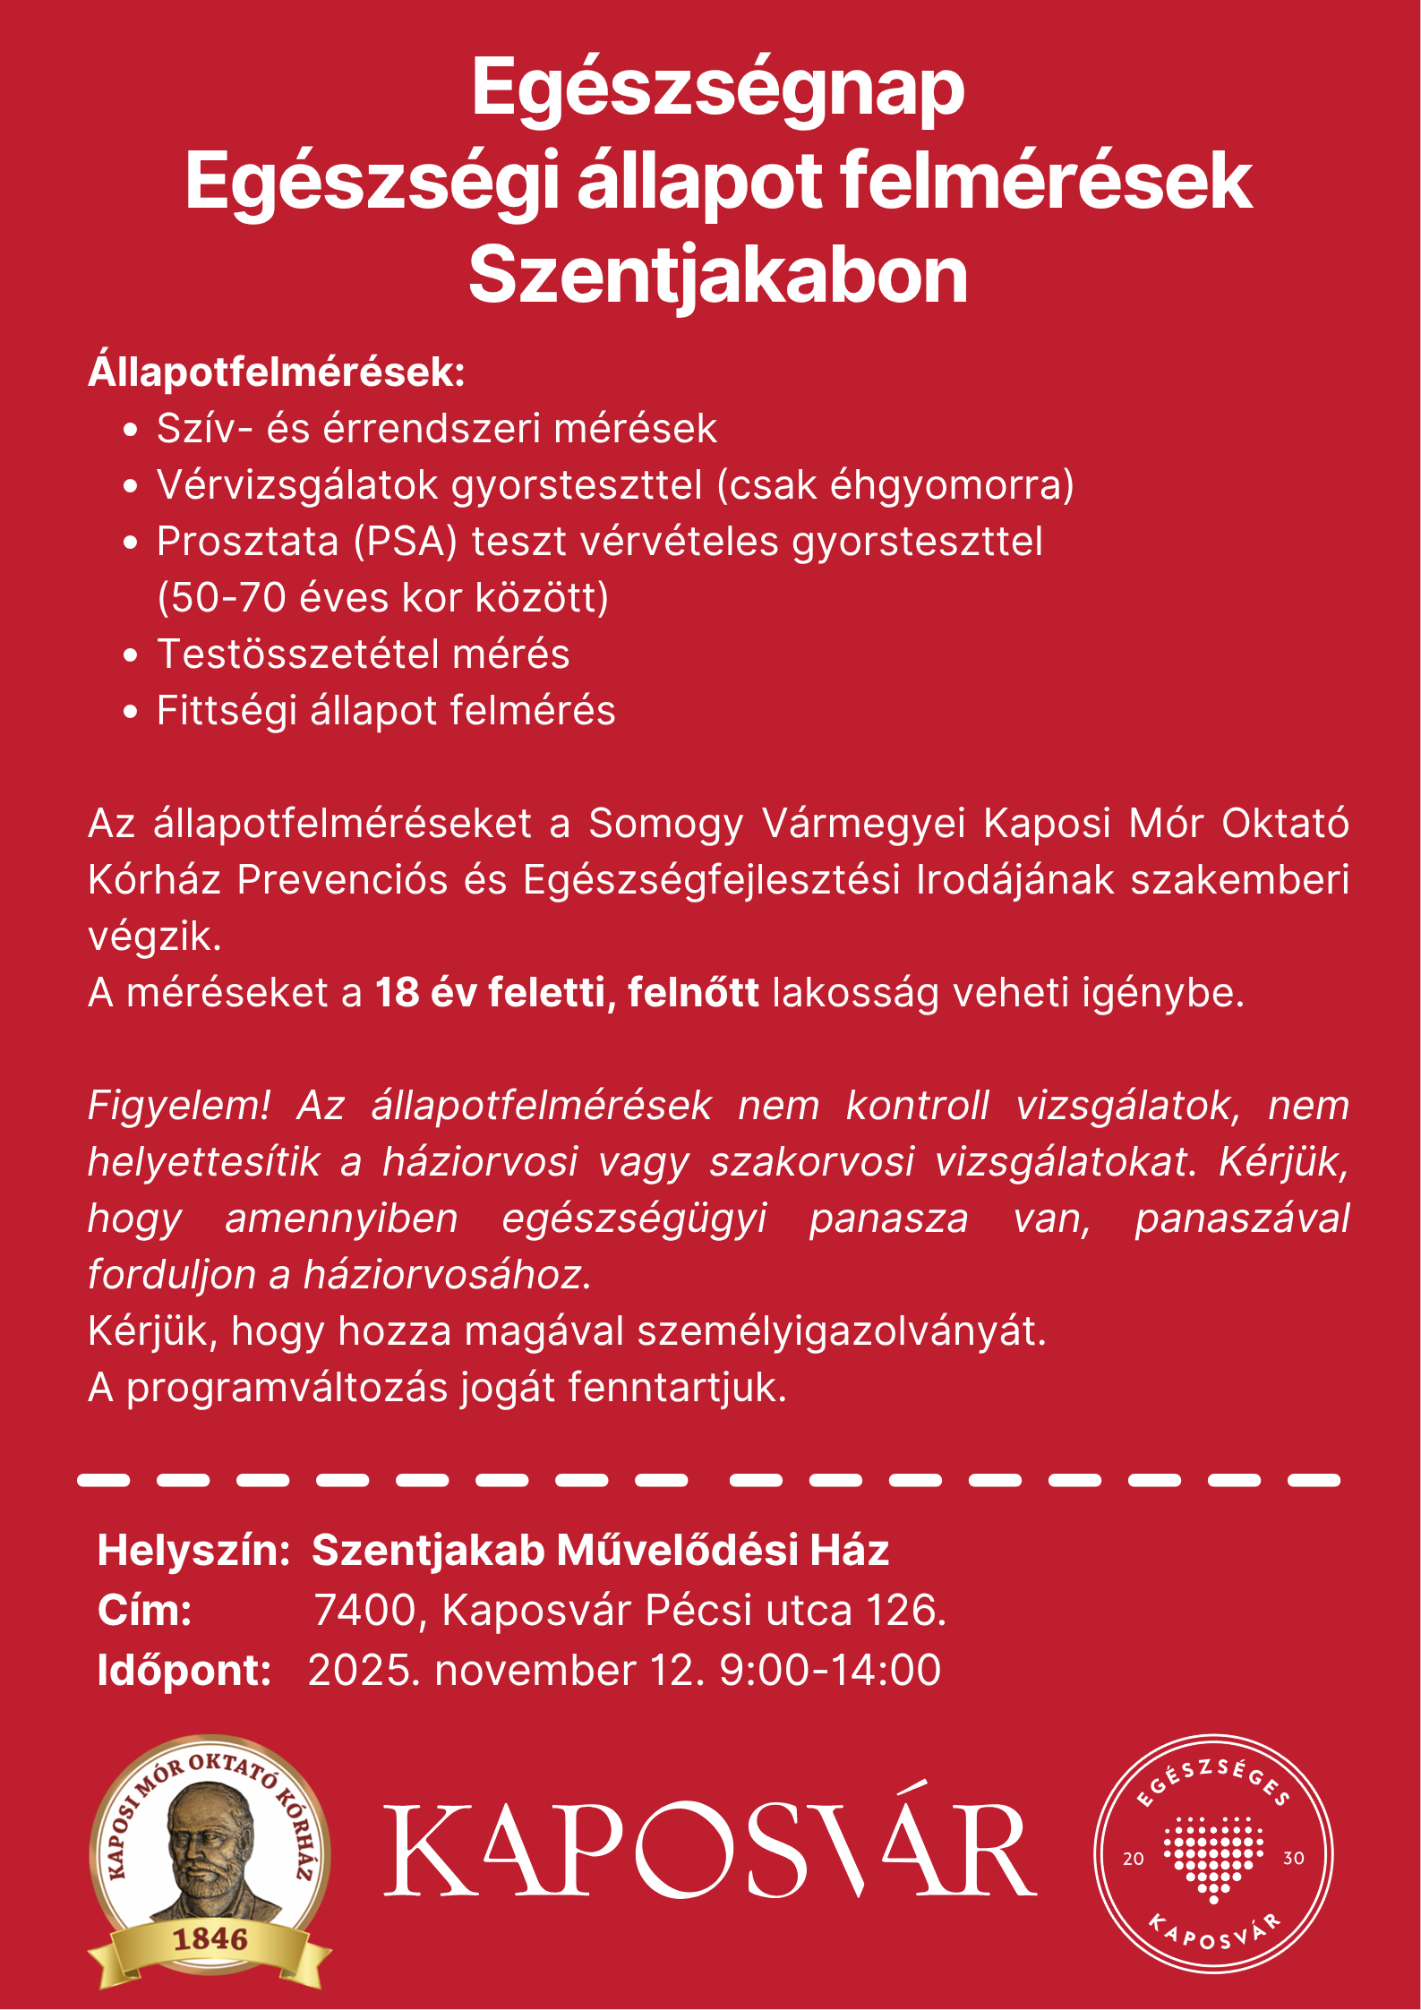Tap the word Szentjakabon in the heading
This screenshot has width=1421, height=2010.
click(x=717, y=276)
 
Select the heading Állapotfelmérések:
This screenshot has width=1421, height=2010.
click(x=277, y=372)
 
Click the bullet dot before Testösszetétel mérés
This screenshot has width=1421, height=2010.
click(x=131, y=655)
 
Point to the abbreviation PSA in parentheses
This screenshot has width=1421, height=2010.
click(x=406, y=542)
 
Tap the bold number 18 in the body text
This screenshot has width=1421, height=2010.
click(x=397, y=993)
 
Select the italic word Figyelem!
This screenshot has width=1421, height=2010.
click(x=178, y=1106)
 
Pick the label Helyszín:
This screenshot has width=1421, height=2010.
click(x=193, y=1551)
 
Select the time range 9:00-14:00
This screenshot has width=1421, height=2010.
click(x=830, y=1671)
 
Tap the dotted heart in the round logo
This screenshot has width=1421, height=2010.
click(x=1213, y=1854)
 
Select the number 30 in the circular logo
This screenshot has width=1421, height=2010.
click(x=1293, y=1859)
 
